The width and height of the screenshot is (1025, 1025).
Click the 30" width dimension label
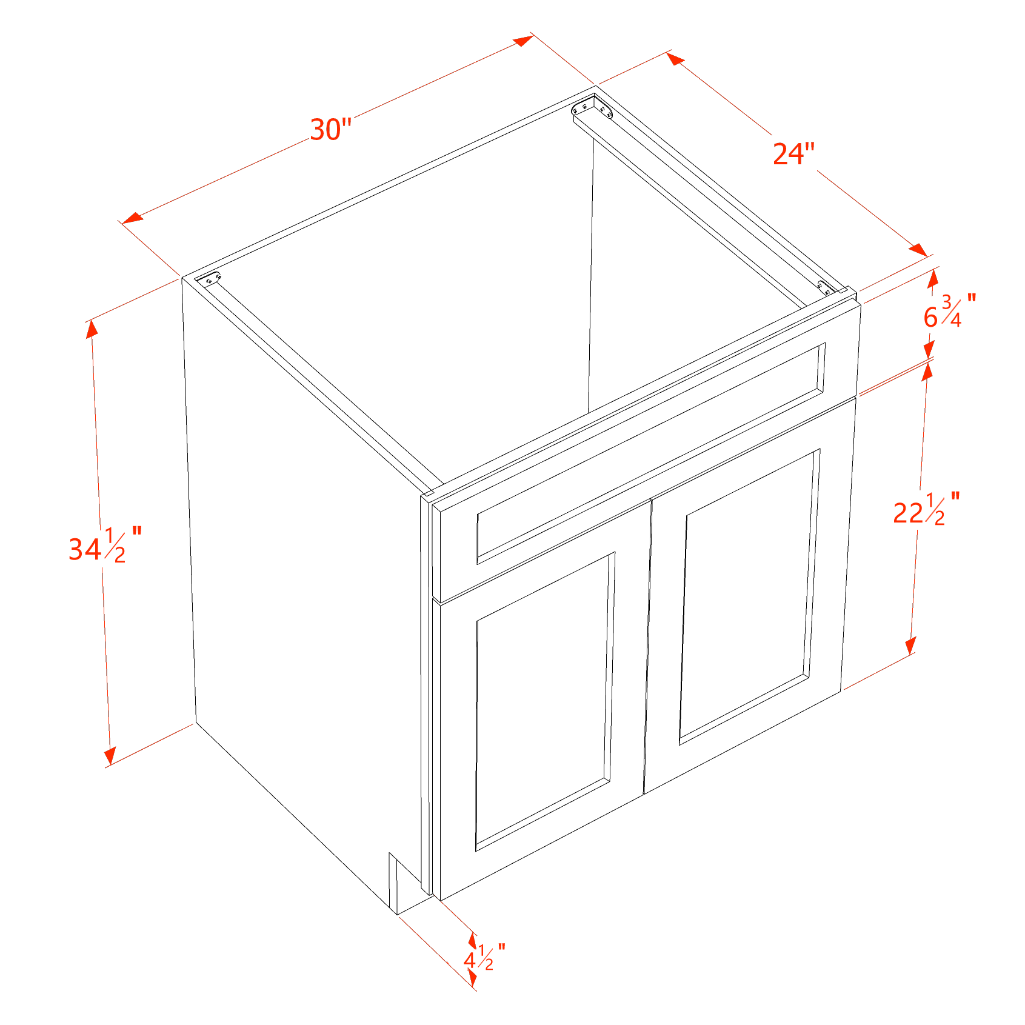pos(331,130)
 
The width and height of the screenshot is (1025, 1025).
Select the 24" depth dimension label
pos(793,154)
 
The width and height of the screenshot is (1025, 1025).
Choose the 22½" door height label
pos(926,509)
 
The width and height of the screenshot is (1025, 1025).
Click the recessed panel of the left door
pos(543,701)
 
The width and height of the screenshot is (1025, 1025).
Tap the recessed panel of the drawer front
pos(651,453)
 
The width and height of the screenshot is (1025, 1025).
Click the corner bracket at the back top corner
pos(592,107)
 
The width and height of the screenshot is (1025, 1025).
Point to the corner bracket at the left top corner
pos(212,279)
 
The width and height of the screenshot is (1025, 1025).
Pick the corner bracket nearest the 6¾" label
pos(825,287)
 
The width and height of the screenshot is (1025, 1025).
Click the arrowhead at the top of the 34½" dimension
pos(92,329)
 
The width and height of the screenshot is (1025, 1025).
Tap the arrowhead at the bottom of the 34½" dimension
pos(110,755)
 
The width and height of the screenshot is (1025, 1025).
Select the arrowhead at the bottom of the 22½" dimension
pos(910,646)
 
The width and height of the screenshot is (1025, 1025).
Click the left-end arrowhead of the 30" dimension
pos(132,218)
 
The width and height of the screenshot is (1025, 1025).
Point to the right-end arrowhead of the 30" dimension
pos(523,41)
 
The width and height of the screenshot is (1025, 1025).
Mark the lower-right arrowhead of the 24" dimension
pos(918,250)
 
